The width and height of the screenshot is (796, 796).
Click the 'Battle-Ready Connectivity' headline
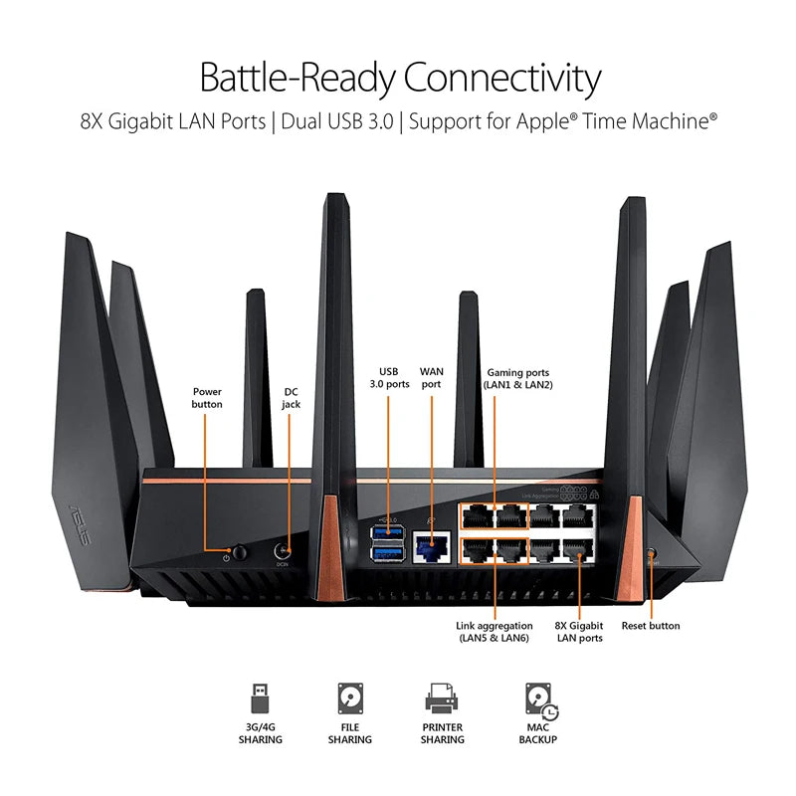[x=400, y=77]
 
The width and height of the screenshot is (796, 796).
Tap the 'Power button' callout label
[x=207, y=398]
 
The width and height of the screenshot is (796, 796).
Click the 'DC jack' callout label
[x=291, y=398]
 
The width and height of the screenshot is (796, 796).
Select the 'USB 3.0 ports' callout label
[x=389, y=376]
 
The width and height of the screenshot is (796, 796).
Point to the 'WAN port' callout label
[x=432, y=376]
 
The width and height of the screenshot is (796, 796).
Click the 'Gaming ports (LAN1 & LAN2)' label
[x=519, y=376]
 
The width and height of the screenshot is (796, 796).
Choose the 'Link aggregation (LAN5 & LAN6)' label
[x=495, y=632]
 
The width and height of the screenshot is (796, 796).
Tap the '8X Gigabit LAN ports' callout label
[x=578, y=632]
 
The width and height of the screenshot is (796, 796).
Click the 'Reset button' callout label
[x=651, y=626]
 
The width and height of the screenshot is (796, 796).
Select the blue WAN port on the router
[x=431, y=545]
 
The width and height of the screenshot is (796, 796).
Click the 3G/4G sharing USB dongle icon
[x=260, y=699]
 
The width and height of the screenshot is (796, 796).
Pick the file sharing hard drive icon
[x=349, y=699]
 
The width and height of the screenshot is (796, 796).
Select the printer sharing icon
[x=442, y=700]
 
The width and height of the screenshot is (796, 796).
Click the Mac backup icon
[x=538, y=700]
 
